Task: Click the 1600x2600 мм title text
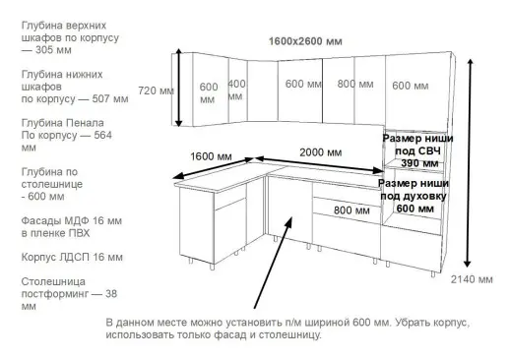point(305,41)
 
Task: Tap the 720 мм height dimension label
point(157,90)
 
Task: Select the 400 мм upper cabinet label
point(236,90)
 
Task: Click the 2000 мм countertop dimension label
point(321,152)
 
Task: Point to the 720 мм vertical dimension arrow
point(178,90)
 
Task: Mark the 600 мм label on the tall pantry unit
point(413,86)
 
